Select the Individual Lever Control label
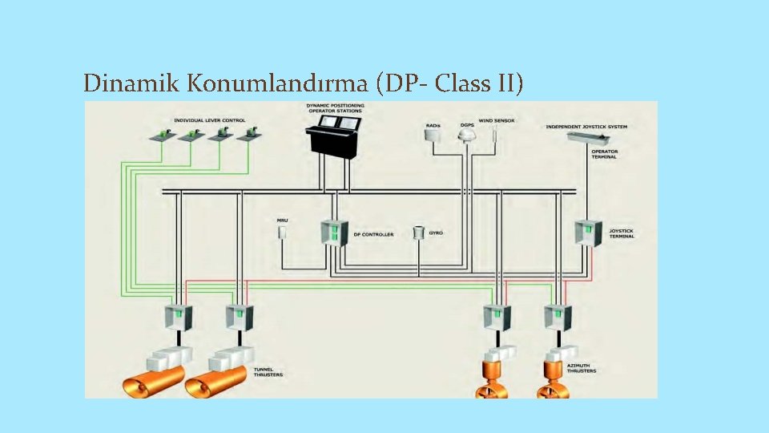(x=210, y=120)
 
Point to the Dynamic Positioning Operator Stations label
(x=334, y=107)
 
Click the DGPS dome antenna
(x=467, y=137)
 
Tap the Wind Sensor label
(x=497, y=121)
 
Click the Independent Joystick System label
(x=586, y=127)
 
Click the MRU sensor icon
(x=282, y=233)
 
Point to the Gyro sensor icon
(x=417, y=233)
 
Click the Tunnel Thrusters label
(x=268, y=372)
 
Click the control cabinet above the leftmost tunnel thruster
(x=179, y=318)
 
